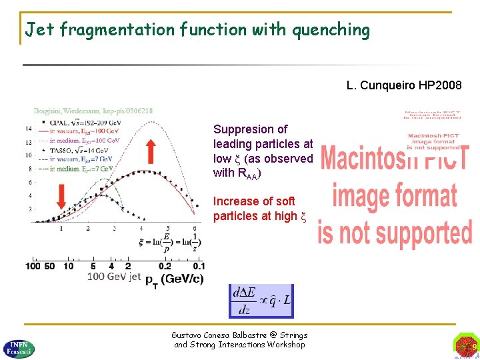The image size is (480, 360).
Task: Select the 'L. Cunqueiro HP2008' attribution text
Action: [x=404, y=85]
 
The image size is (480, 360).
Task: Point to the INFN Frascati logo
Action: [x=19, y=346]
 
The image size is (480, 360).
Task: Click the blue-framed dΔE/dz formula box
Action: [x=261, y=300]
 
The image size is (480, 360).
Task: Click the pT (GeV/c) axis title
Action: [x=175, y=279]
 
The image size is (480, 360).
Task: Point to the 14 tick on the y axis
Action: [x=27, y=128]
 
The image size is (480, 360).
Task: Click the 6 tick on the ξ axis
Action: [x=194, y=228]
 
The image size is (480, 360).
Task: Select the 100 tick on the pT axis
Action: [x=33, y=266]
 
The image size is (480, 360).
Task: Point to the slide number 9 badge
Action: [x=466, y=346]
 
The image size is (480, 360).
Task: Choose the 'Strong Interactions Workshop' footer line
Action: [x=239, y=345]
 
